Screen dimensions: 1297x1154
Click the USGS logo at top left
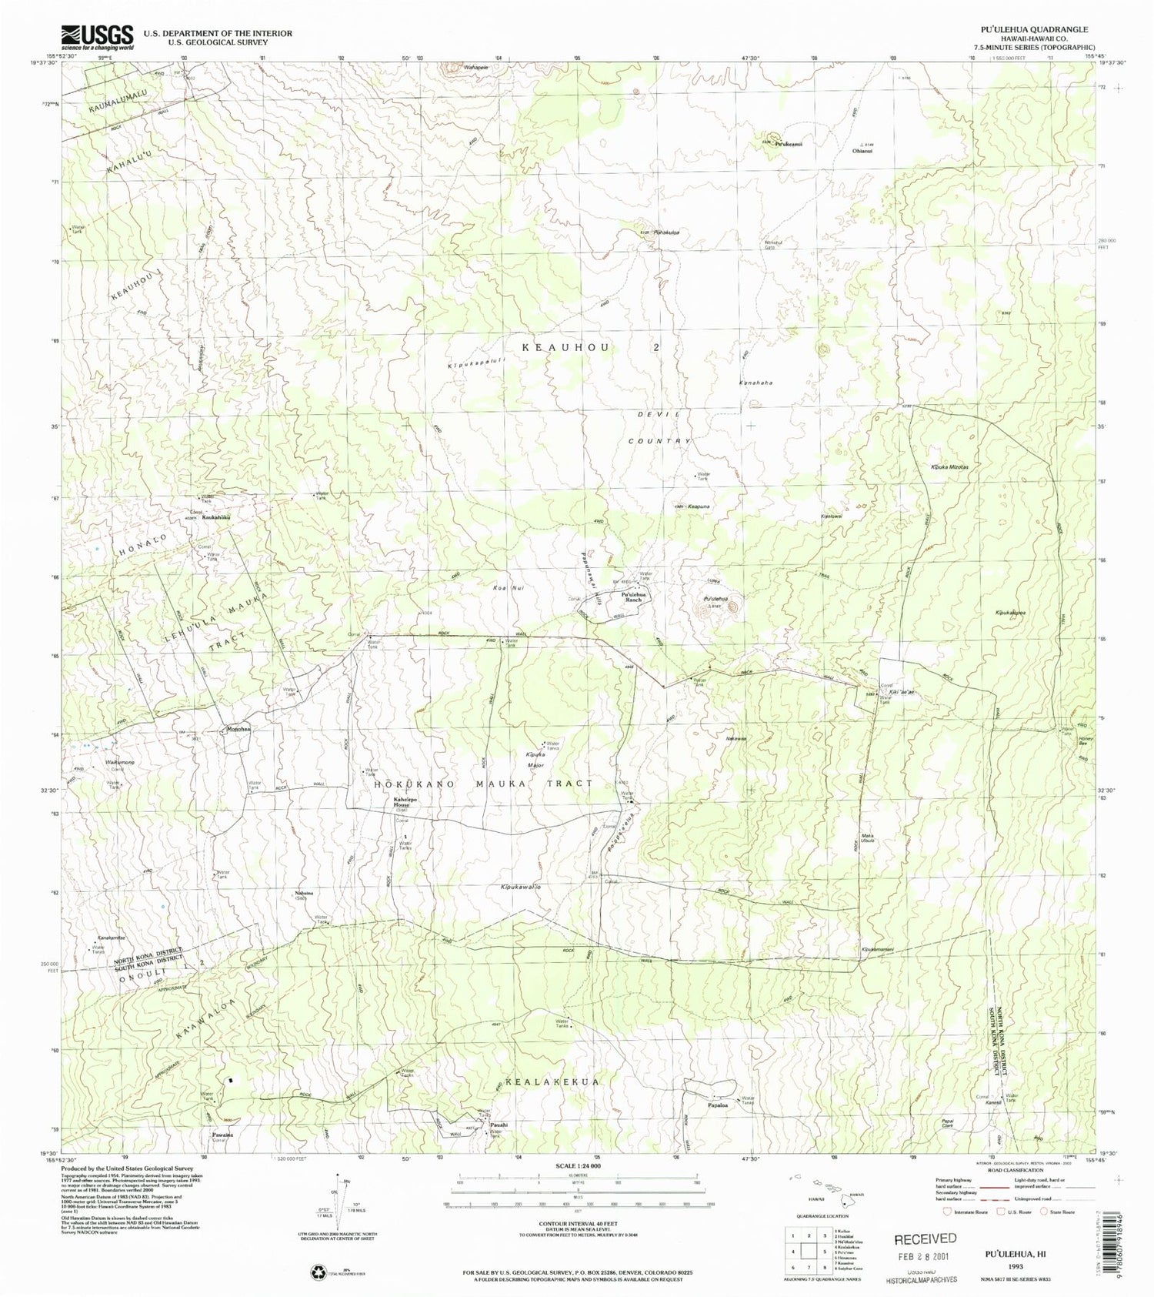pos(97,36)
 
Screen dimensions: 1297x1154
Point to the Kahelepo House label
pos(400,802)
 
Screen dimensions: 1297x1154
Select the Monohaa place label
pos(238,728)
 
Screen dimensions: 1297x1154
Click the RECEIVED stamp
pos(925,1239)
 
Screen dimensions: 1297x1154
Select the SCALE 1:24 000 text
pos(578,1166)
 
